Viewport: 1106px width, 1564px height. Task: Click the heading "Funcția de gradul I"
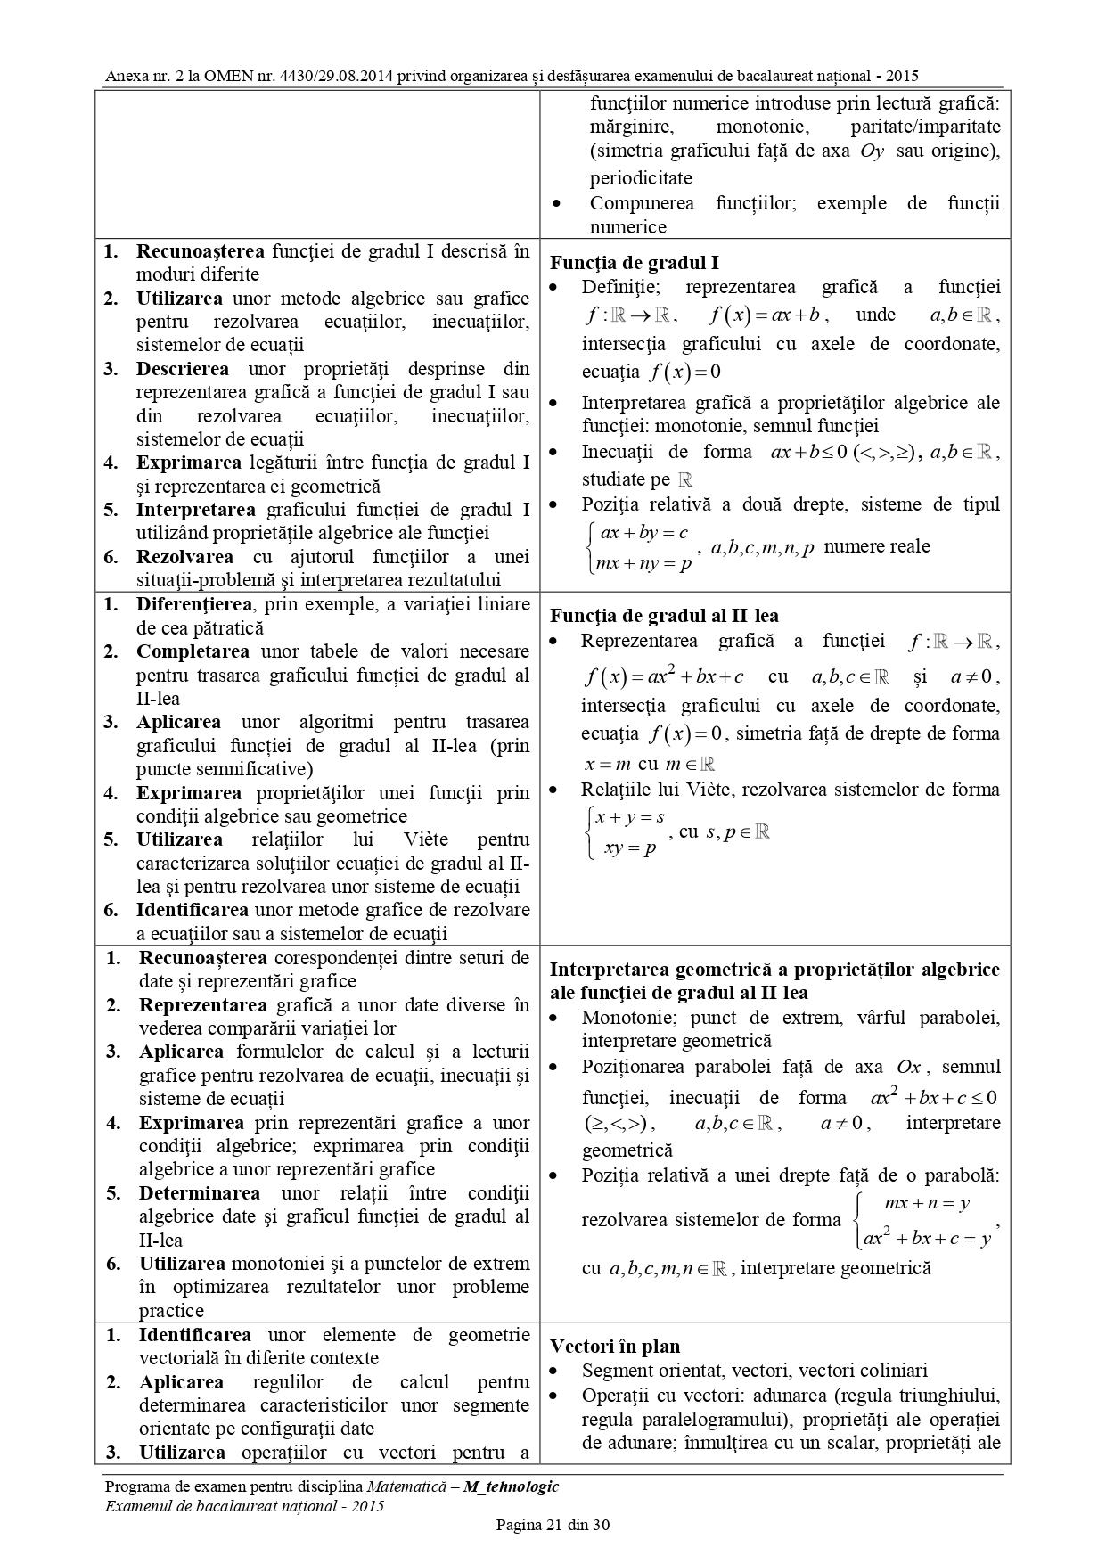[634, 263]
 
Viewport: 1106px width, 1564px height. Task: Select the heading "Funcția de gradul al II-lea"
[664, 616]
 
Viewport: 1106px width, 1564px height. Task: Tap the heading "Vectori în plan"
[614, 1347]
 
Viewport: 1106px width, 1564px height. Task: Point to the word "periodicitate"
[641, 177]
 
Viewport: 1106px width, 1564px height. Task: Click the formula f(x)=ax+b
[768, 315]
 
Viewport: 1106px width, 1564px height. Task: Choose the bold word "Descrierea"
[182, 369]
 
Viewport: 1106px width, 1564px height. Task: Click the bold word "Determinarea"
[200, 1193]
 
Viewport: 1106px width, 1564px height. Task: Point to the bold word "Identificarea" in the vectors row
[194, 1335]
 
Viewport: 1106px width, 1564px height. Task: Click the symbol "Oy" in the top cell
[872, 151]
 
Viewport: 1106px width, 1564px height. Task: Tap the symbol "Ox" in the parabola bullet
[908, 1067]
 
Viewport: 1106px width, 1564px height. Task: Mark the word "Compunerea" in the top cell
[642, 203]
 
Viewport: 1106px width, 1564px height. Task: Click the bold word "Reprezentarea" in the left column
[202, 1005]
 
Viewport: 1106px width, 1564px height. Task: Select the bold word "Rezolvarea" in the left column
[184, 557]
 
